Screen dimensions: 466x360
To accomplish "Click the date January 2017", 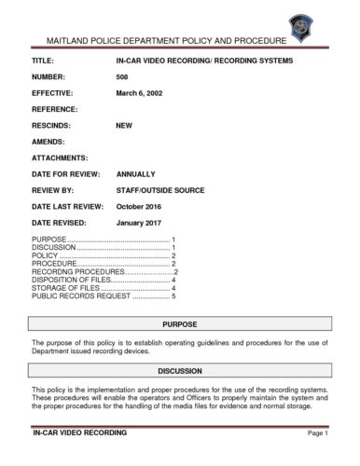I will pos(141,224).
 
